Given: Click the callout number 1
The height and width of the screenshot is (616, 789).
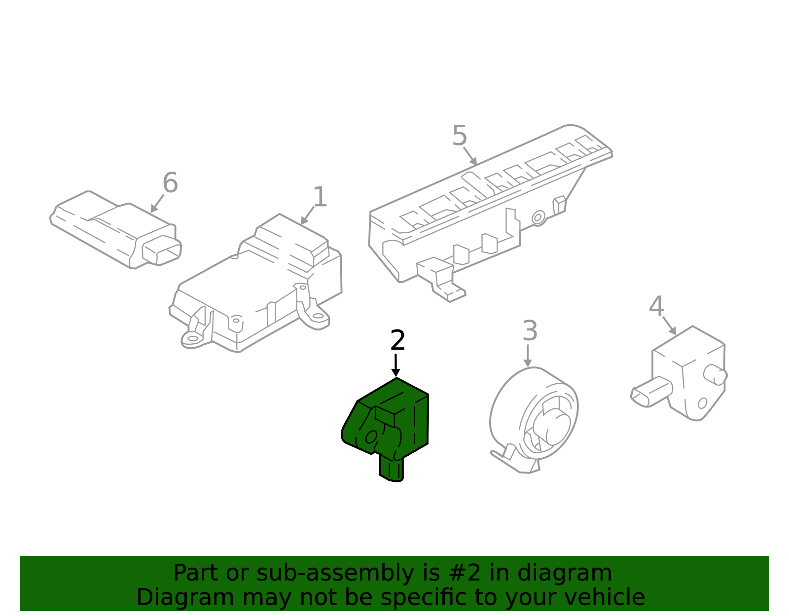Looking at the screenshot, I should click(x=320, y=197).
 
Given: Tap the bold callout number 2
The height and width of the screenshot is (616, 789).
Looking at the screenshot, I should click(x=397, y=341).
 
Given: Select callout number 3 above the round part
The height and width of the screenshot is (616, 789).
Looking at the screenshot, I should click(x=530, y=331).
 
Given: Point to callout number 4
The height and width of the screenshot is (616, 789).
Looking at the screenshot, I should click(x=656, y=307).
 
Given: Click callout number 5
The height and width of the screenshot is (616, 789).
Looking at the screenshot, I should click(x=460, y=136).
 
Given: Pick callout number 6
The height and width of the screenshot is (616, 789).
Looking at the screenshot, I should click(x=170, y=183).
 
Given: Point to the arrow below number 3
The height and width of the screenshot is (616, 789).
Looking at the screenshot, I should click(x=528, y=356).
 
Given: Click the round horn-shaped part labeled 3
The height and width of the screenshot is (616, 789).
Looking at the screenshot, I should click(x=535, y=419).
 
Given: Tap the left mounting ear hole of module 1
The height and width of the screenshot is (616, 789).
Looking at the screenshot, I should click(x=192, y=338).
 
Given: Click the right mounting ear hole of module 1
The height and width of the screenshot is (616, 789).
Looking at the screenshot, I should click(x=318, y=316).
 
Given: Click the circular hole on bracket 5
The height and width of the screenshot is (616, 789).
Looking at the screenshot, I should click(x=538, y=217).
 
